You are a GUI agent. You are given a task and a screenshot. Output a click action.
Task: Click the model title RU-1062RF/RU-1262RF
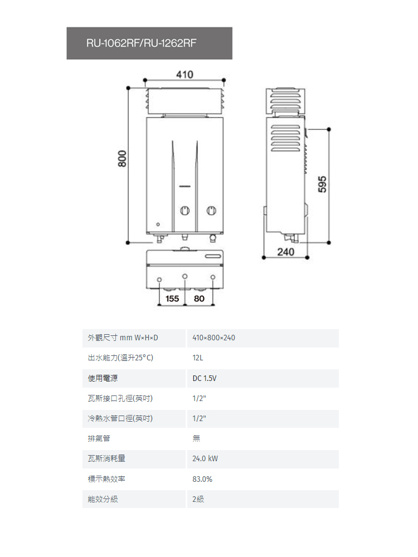coord(141,43)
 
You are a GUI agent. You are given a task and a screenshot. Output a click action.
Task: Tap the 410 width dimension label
coord(185,75)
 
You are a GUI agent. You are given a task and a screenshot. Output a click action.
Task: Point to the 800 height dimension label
coord(122,159)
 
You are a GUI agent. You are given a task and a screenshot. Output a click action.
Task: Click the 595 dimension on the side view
coord(322,184)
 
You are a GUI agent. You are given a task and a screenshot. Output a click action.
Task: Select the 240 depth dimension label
coord(286,252)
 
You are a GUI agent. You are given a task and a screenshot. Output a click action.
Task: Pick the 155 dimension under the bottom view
coord(172,299)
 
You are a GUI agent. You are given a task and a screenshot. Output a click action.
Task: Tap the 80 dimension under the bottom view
coord(199,299)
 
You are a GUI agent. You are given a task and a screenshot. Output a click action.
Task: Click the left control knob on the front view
coord(185,211)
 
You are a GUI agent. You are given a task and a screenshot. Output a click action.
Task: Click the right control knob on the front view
coord(211,211)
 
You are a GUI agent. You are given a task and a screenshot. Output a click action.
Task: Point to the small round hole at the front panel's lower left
coord(158,224)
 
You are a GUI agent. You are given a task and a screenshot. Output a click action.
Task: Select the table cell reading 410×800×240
coord(213,338)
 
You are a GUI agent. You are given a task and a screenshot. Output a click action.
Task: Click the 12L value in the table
coord(198,358)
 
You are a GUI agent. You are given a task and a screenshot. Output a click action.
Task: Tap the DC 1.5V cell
coord(205,378)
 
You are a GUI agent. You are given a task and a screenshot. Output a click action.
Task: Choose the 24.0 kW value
coord(205,458)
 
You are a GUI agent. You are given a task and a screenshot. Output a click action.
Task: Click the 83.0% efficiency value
coord(202,479)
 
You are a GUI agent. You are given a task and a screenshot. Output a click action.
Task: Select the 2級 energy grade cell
coord(198,499)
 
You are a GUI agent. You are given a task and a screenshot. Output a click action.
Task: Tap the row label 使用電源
coord(103,378)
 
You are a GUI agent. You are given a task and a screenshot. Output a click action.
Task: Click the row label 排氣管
coord(99,438)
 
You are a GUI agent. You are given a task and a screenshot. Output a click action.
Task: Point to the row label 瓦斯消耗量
coord(106,458)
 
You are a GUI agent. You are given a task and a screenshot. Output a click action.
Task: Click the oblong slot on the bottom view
coord(212,256)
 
